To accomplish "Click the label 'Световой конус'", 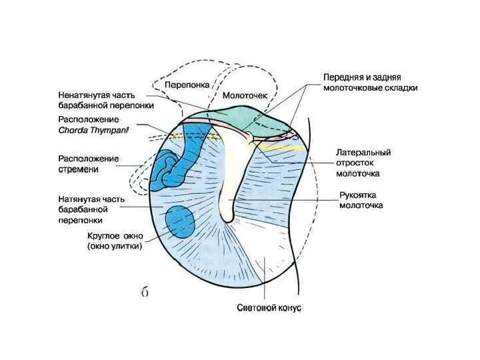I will tap(269, 308).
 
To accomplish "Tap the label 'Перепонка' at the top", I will tap(187, 85).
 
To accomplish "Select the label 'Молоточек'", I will tap(245, 95).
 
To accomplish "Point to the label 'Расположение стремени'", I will tap(89, 164).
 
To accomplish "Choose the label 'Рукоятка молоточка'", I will tap(361, 201).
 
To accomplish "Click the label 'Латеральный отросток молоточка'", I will tap(363, 163).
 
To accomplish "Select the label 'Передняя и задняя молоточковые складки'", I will tap(371, 81).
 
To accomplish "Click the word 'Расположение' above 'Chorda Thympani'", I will tap(89, 120).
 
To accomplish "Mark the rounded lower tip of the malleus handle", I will tap(227, 218).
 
